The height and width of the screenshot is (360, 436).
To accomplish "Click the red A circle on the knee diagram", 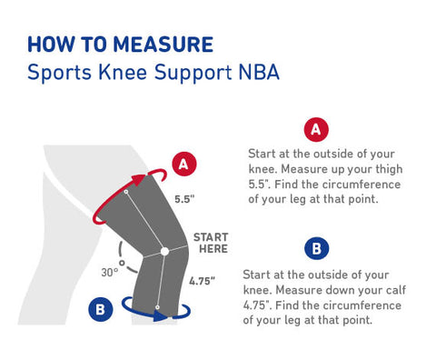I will tap(183, 164).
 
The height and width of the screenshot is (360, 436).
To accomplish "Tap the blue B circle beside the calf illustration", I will tap(100, 310).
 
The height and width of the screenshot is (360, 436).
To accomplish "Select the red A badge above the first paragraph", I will tap(315, 130).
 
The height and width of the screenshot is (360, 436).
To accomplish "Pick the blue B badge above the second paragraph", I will tap(315, 247).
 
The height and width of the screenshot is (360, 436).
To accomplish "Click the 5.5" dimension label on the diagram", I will tap(184, 197).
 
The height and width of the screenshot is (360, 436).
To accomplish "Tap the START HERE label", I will tap(210, 244).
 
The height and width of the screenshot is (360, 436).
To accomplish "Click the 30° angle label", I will tap(111, 271).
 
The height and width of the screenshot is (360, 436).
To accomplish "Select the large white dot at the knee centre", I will tap(164, 250).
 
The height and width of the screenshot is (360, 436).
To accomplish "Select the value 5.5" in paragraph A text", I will tap(260, 185).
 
